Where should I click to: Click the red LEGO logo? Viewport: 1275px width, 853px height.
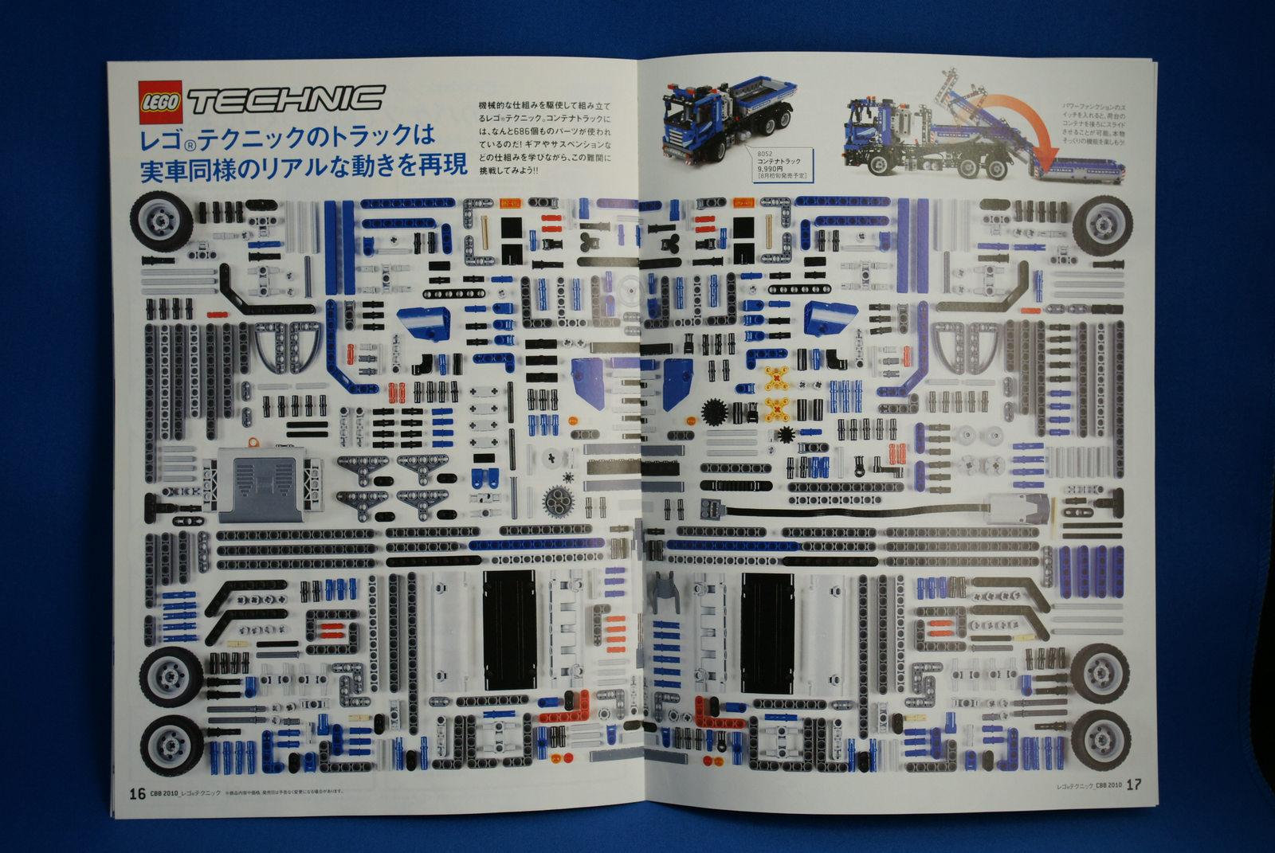pyautogui.click(x=160, y=102)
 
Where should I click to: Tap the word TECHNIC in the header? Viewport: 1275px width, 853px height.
pyautogui.click(x=284, y=100)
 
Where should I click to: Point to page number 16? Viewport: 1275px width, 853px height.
pyautogui.click(x=137, y=793)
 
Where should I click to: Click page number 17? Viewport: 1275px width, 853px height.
pyautogui.click(x=1133, y=785)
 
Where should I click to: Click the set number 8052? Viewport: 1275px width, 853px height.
pyautogui.click(x=765, y=154)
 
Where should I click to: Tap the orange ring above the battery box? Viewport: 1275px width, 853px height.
pyautogui.click(x=253, y=440)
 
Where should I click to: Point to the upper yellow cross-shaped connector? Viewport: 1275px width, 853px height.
pyautogui.click(x=777, y=377)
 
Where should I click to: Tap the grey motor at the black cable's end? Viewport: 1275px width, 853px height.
pyautogui.click(x=1020, y=507)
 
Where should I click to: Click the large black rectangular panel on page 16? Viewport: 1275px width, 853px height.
pyautogui.click(x=511, y=628)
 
